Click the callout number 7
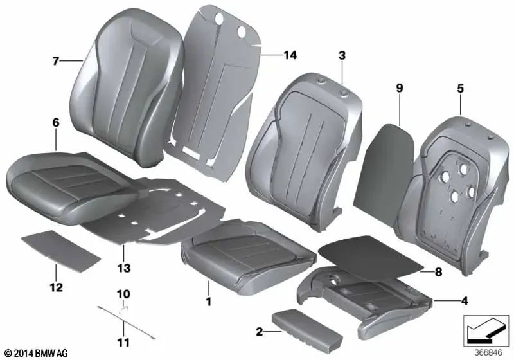[x=56, y=62]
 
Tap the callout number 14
[x=290, y=56]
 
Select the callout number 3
[x=342, y=56]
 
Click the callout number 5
[x=460, y=89]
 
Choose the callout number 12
[x=56, y=287]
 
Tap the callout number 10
[x=123, y=294]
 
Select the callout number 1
[x=208, y=300]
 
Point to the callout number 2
[x=259, y=332]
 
